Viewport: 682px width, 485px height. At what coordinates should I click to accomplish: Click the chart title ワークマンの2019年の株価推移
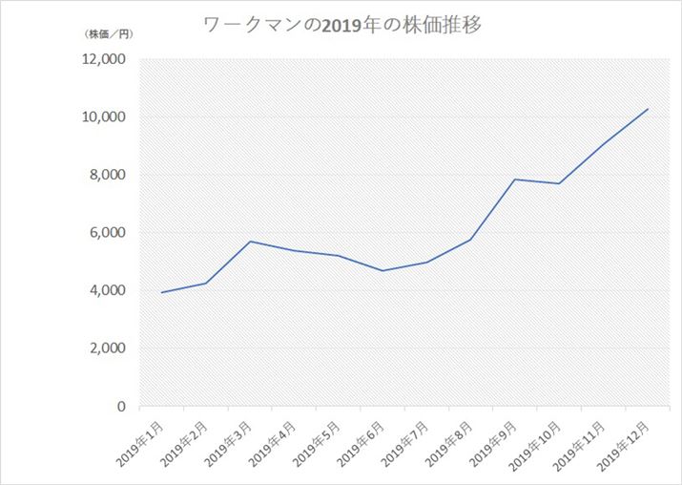[342, 26]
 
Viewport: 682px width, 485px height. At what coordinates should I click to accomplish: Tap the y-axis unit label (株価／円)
[109, 34]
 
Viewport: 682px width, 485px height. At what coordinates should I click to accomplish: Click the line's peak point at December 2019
[648, 109]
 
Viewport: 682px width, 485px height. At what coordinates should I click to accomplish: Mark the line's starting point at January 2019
[162, 292]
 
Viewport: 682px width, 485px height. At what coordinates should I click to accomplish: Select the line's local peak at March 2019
[250, 242]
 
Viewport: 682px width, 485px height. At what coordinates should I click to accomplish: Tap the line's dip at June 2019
[382, 271]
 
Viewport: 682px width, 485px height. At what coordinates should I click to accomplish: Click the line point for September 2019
[515, 179]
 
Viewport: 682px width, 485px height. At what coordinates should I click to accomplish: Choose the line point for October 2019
[559, 183]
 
